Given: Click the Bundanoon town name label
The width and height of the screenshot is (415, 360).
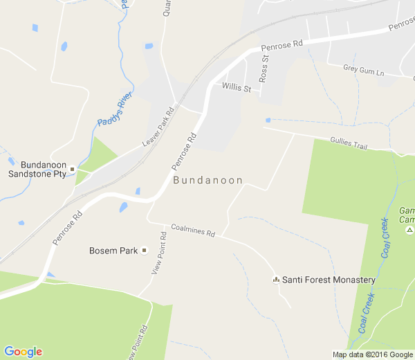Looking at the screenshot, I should [207, 181].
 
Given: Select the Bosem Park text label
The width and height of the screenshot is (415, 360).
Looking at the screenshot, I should [113, 251].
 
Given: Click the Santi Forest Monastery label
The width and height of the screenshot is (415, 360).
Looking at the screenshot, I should [329, 280].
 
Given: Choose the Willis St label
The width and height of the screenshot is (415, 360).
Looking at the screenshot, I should [236, 87].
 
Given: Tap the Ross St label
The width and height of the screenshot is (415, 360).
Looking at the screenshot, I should [264, 68].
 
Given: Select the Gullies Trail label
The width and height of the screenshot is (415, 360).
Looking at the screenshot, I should [348, 143].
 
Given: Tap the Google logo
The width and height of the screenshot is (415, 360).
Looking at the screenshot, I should [23, 352].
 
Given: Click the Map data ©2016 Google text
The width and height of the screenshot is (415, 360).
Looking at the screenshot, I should [372, 354].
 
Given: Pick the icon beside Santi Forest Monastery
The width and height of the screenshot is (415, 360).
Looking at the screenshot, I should [276, 280].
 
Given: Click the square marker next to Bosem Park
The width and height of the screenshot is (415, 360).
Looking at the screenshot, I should [145, 251].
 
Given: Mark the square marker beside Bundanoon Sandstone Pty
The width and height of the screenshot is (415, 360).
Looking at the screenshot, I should [72, 169].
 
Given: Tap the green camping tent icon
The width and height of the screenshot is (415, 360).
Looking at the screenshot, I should [409, 230].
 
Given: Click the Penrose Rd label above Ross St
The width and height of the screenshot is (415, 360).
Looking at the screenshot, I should [282, 47].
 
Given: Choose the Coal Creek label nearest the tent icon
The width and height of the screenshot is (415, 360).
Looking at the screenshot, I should [385, 240].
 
